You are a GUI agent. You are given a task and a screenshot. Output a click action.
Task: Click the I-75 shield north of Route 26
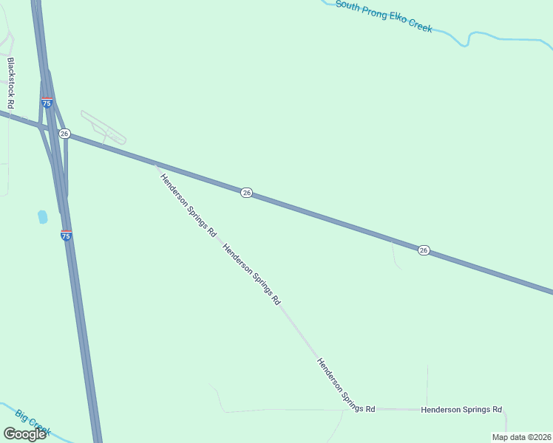(x=47, y=103)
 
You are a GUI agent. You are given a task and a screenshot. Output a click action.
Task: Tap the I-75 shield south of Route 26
(x=67, y=236)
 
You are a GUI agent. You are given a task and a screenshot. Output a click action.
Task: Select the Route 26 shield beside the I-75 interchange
(x=64, y=134)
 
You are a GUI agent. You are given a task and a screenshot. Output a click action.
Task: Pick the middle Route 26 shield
(x=246, y=193)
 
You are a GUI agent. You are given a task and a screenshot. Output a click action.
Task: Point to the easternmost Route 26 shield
(x=423, y=250)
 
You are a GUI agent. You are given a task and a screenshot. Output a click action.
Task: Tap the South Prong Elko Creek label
(x=383, y=16)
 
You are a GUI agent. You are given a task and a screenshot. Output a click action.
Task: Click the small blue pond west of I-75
(x=42, y=217)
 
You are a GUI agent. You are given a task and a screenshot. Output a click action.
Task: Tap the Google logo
(x=24, y=433)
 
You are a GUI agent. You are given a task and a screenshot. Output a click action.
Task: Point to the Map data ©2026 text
(x=521, y=437)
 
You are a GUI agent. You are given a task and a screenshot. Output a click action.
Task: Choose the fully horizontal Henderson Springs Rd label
(x=461, y=409)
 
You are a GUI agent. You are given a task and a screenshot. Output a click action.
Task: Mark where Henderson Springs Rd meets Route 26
(x=155, y=163)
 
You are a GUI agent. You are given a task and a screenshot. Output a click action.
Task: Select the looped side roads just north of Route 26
(x=104, y=128)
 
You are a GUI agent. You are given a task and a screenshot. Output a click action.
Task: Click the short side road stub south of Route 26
(x=395, y=255)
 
